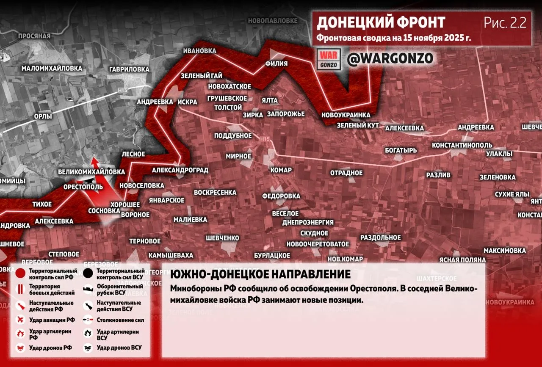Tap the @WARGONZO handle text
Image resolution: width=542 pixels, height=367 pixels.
[390, 59]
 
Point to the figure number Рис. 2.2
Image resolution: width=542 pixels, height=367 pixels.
[505, 23]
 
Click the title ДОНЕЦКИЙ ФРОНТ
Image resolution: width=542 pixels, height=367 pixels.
[381, 23]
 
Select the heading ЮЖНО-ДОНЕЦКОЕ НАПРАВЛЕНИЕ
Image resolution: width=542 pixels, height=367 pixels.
[260, 274]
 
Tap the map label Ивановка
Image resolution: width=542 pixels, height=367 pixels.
[199, 51]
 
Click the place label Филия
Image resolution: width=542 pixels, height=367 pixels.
[276, 63]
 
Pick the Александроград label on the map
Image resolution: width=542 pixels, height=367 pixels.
[180, 170]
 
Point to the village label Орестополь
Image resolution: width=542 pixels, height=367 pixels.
[83, 187]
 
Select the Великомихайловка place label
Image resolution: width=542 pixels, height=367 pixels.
[91, 172]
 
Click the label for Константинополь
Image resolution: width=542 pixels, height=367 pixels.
[462, 145]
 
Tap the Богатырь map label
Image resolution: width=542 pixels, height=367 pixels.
[401, 150]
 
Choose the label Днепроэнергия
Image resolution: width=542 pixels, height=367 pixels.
[308, 222]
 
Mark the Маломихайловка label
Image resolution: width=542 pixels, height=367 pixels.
[52, 68]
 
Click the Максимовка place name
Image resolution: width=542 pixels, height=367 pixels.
[504, 251]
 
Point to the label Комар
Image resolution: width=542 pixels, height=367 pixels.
[281, 170]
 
